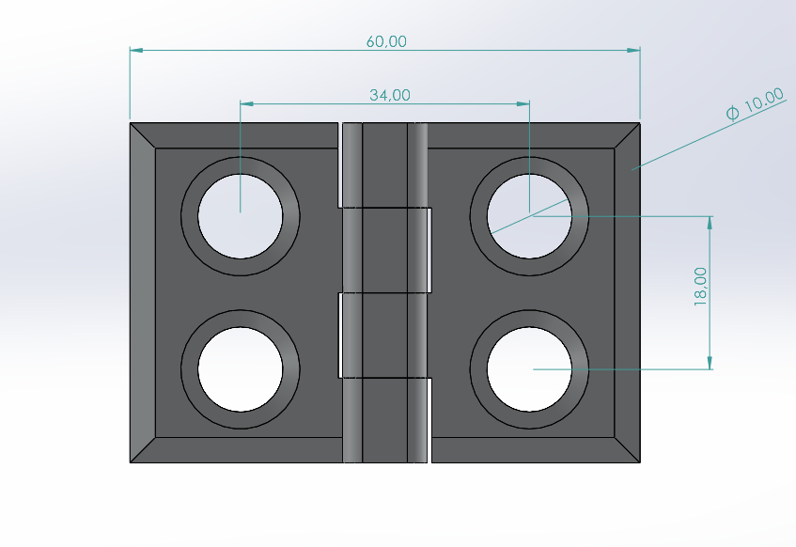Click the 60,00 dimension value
point(385,41)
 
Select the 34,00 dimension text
point(389,95)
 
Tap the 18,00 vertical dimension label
point(700,285)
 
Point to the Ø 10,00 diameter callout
point(755,104)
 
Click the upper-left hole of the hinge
point(241,216)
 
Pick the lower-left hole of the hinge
point(241,368)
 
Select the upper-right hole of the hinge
point(530,216)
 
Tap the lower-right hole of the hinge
point(530,368)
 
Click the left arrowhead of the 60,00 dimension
point(134,50)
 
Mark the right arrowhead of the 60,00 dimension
point(635,50)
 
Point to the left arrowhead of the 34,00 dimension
point(245,103)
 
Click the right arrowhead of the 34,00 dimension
point(524,103)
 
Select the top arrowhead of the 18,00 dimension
point(710,222)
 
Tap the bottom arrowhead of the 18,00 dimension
point(710,364)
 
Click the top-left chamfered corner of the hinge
point(142,135)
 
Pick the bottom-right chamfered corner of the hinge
point(628,450)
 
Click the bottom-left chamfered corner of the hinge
point(142,450)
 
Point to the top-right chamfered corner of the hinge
point(628,135)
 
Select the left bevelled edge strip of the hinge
point(142,292)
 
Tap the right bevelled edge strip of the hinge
point(628,292)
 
